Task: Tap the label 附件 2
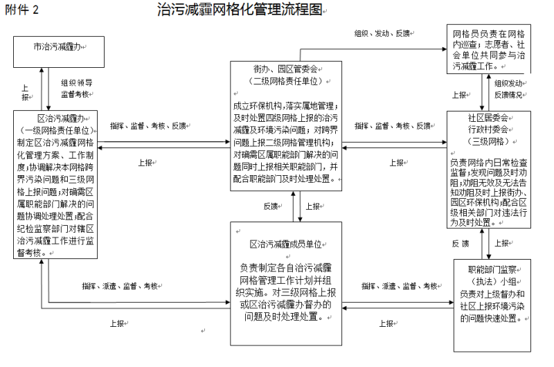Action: pyautogui.click(x=21, y=10)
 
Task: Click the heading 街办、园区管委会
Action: pyautogui.click(x=286, y=70)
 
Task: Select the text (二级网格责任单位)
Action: pyautogui.click(x=286, y=81)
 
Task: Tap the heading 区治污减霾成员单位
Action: pyautogui.click(x=286, y=245)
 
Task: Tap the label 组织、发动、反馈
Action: pyautogui.click(x=382, y=34)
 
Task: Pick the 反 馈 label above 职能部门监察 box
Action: pyautogui.click(x=461, y=244)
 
